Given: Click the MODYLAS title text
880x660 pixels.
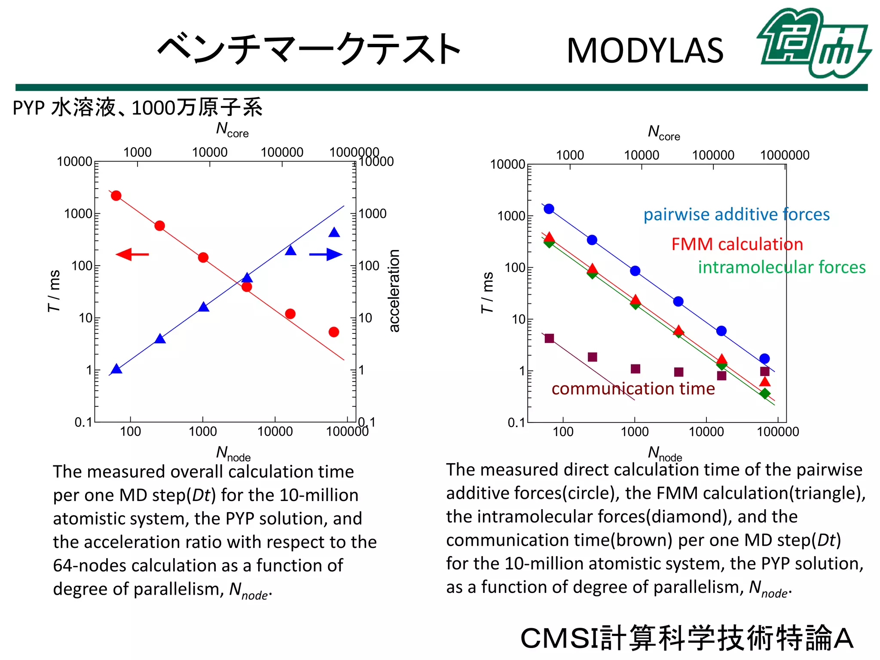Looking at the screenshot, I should [x=645, y=51].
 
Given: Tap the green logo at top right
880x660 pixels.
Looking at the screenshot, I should [x=813, y=43].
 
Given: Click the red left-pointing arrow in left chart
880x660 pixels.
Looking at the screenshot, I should [x=132, y=254].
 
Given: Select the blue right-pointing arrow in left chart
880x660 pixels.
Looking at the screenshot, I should [x=326, y=254].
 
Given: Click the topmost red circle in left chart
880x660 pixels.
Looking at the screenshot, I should [x=116, y=196].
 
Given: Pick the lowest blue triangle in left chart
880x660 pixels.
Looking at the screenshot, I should [x=116, y=369].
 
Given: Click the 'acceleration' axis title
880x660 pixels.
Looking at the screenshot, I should [x=394, y=290].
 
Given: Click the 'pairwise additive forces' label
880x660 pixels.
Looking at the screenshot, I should [x=736, y=214].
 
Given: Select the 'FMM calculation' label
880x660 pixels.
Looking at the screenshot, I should [x=737, y=244].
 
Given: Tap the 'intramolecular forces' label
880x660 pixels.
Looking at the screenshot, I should [x=781, y=267].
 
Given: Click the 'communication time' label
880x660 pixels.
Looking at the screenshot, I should [x=633, y=388].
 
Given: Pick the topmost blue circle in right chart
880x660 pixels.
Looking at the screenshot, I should [x=549, y=209].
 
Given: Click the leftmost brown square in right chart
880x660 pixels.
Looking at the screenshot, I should [x=549, y=338].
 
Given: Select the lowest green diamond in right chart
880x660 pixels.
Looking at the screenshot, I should [x=764, y=394].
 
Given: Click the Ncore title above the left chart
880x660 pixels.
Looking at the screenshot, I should [x=232, y=129].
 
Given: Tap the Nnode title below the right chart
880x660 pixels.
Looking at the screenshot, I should [x=664, y=453].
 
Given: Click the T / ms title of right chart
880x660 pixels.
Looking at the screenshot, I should [x=487, y=292].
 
